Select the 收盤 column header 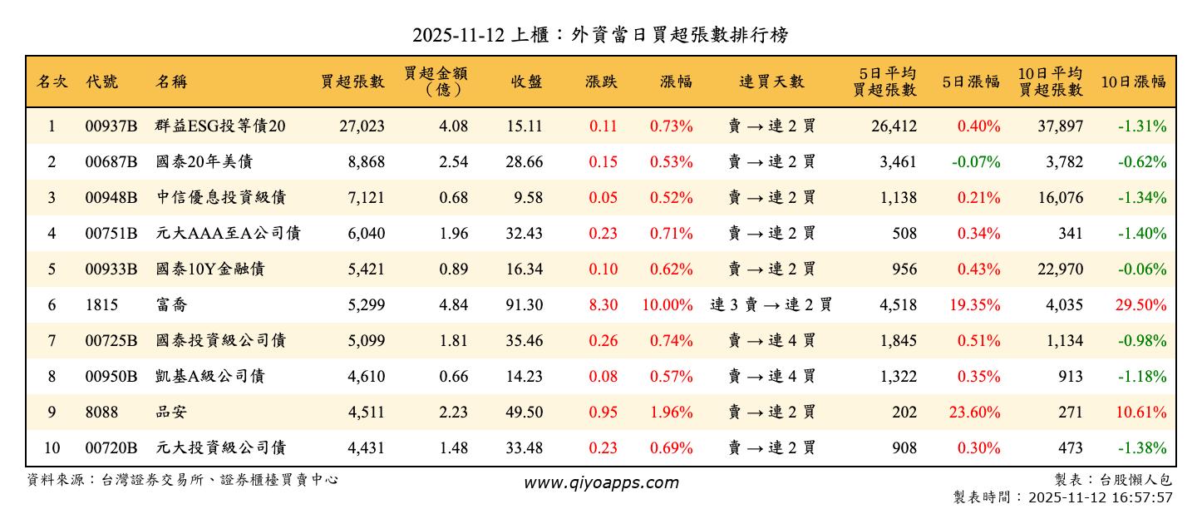coord(526,82)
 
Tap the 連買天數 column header coord(771,82)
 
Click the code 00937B coord(111,126)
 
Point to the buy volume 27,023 coord(362,126)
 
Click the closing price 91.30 coord(524,305)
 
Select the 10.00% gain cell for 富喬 coord(667,305)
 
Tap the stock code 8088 coord(101,413)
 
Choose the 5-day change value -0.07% coord(978,162)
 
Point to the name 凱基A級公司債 coord(210,377)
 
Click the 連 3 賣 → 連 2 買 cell coord(771,305)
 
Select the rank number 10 coord(52,448)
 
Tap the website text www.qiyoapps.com coord(600,482)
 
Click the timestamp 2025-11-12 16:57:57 coord(1100,497)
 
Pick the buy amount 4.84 coord(453,305)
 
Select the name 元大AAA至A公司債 coord(228,234)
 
